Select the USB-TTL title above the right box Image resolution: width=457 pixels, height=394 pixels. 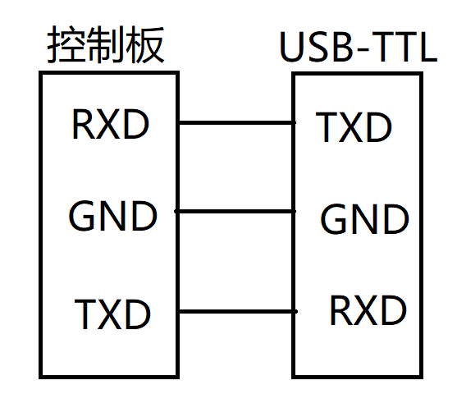coord(359,48)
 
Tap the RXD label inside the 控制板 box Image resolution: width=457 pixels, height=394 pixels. coord(111,125)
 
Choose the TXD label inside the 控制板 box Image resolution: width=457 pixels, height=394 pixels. coord(112,314)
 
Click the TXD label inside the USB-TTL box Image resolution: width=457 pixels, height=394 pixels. coord(354,127)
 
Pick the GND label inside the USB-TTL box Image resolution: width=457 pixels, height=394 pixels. coord(364,219)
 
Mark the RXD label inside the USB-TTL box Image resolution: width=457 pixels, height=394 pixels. coord(368,311)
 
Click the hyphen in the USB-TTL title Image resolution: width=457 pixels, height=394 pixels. coord(358,52)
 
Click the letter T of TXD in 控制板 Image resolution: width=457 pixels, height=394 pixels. coord(86,314)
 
